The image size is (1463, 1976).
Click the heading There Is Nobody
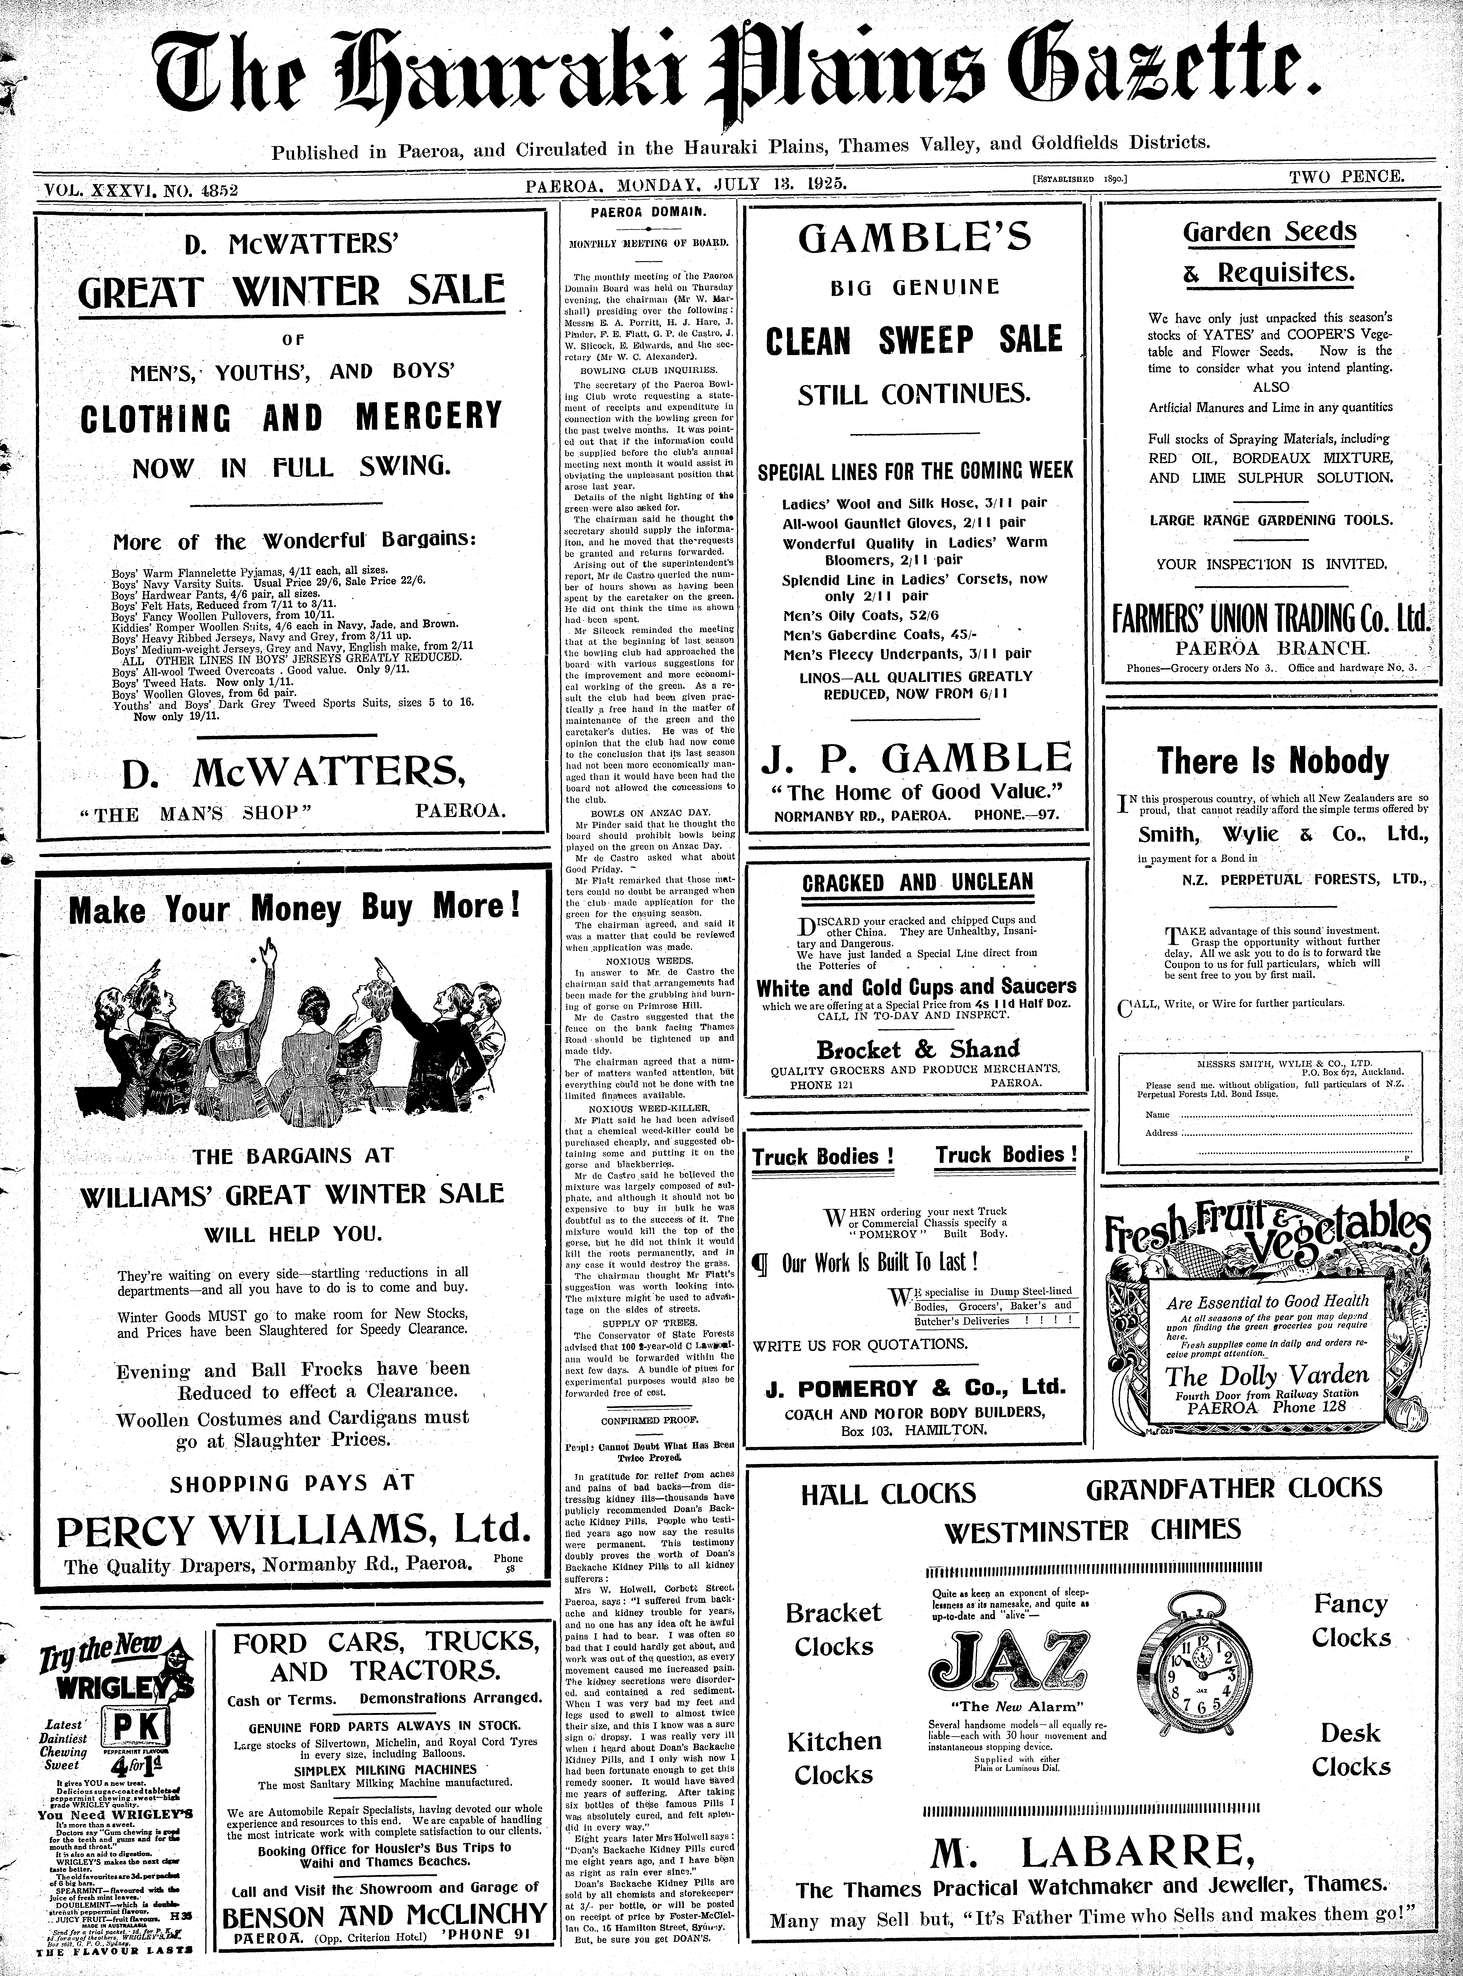(x=1273, y=762)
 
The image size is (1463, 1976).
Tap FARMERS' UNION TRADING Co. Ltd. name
(x=1271, y=618)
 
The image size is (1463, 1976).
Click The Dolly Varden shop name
(x=1266, y=1376)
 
